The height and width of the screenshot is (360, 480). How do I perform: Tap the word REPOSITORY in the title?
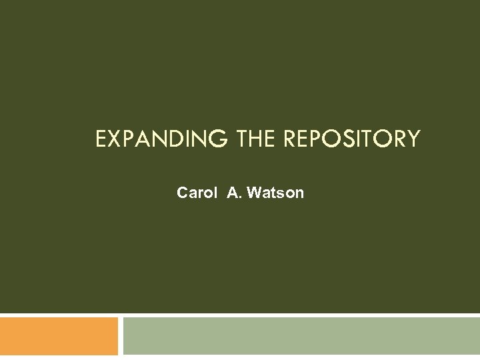tap(352, 139)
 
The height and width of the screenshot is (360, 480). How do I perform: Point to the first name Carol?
tap(197, 193)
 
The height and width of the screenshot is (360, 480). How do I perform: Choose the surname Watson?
tap(275, 193)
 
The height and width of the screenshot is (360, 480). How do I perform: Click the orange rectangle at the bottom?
tap(59, 336)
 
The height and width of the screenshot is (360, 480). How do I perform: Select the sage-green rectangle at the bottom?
tap(301, 336)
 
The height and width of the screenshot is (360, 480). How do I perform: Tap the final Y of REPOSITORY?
tap(413, 139)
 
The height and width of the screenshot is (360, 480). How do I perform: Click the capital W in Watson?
tap(254, 193)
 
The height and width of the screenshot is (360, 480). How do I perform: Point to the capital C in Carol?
tap(183, 193)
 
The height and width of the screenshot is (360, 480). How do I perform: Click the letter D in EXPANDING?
tap(171, 139)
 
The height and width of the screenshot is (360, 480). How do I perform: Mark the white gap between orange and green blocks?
tap(121, 336)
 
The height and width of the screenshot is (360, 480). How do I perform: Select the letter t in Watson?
tap(273, 193)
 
